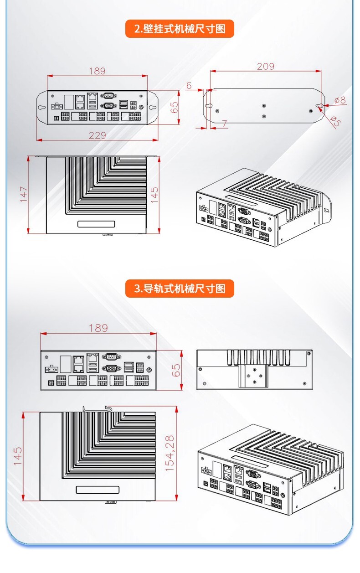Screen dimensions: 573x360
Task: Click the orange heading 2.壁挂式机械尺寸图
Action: [x=180, y=29]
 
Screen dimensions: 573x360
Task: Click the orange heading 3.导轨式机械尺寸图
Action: [x=180, y=289]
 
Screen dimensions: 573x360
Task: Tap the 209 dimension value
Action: [x=265, y=67]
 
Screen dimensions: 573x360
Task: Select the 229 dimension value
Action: [x=97, y=135]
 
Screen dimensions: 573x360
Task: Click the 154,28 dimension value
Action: [x=170, y=454]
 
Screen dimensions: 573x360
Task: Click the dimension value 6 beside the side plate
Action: [x=189, y=86]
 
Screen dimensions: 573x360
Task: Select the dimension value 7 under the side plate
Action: [x=224, y=124]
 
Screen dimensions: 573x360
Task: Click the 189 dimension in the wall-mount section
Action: [x=97, y=71]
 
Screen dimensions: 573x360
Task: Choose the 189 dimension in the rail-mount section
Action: [x=98, y=328]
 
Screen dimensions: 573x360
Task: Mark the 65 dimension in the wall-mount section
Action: [x=175, y=107]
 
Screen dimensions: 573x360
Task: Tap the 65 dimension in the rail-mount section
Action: [x=176, y=370]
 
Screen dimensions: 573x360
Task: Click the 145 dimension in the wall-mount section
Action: [x=154, y=195]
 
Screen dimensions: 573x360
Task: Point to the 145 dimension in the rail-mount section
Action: [x=18, y=456]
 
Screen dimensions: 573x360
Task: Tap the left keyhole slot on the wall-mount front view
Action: [x=42, y=107]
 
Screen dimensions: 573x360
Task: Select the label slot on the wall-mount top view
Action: [x=96, y=224]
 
